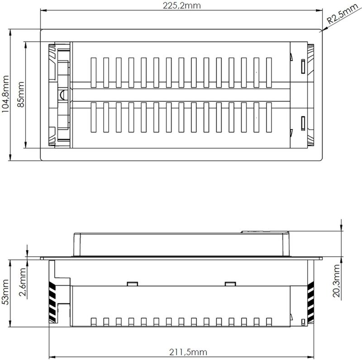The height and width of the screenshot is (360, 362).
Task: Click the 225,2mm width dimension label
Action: click(x=182, y=5)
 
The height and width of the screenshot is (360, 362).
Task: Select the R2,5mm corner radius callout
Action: click(x=342, y=14)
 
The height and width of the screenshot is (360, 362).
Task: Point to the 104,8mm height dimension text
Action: click(x=5, y=94)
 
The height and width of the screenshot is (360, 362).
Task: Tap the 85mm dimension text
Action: click(x=21, y=94)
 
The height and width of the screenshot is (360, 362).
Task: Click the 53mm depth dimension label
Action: click(x=5, y=292)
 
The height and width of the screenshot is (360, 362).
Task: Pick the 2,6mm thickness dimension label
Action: click(x=22, y=282)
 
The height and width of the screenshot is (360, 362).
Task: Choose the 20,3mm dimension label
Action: click(x=336, y=281)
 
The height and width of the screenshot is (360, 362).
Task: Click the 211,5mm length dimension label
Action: click(x=188, y=352)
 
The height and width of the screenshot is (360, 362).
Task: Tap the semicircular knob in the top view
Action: click(x=63, y=95)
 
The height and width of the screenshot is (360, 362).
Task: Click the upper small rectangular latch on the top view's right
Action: click(x=303, y=66)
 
